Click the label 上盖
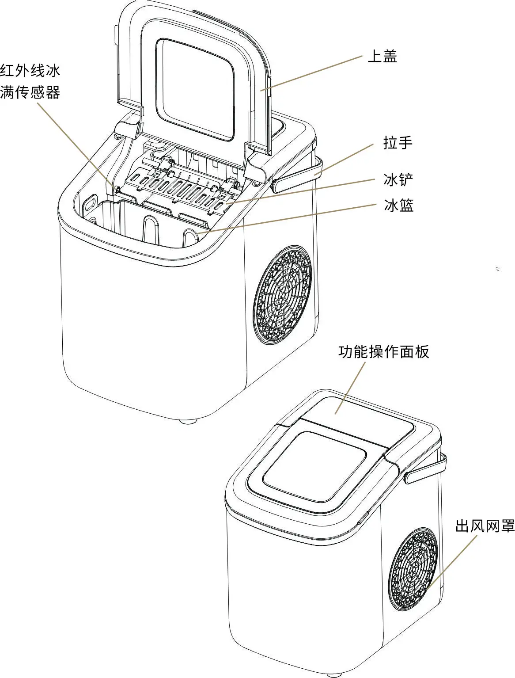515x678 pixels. pyautogui.click(x=382, y=57)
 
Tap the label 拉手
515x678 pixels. pyautogui.click(x=398, y=143)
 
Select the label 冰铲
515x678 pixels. pyautogui.click(x=398, y=180)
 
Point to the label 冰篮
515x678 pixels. pyautogui.click(x=398, y=206)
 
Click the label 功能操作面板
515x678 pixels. pyautogui.click(x=383, y=352)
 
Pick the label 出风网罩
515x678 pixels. pyautogui.click(x=485, y=526)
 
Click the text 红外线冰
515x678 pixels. pyautogui.click(x=30, y=71)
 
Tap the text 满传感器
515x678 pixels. pyautogui.click(x=30, y=92)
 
